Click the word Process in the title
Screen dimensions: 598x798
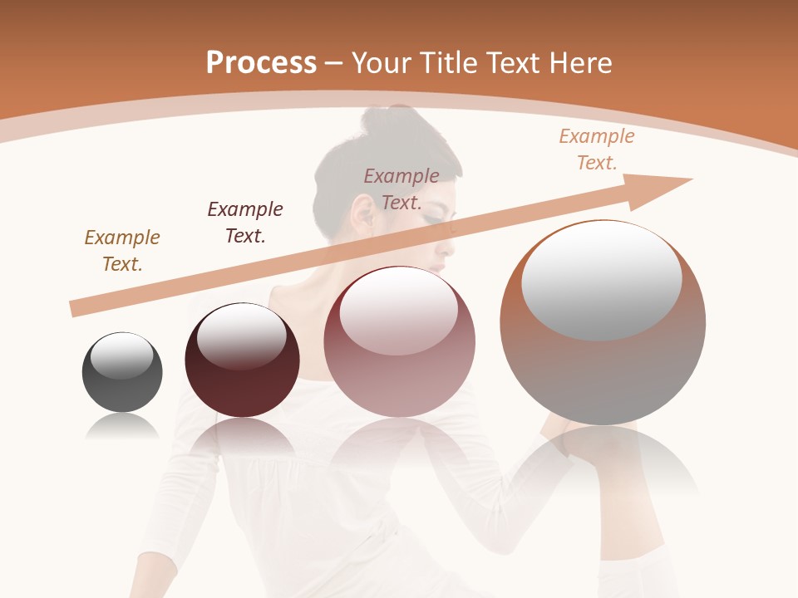[x=261, y=63]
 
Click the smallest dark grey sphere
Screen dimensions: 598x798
[x=122, y=372]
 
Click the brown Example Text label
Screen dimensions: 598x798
[x=122, y=251]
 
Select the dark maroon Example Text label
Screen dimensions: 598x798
[x=245, y=223]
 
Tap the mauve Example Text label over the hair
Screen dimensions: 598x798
[x=401, y=189]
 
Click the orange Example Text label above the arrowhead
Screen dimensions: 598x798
[x=597, y=149]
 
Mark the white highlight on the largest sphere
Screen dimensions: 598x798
[x=601, y=280]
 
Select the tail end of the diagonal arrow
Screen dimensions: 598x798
[x=76, y=308]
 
